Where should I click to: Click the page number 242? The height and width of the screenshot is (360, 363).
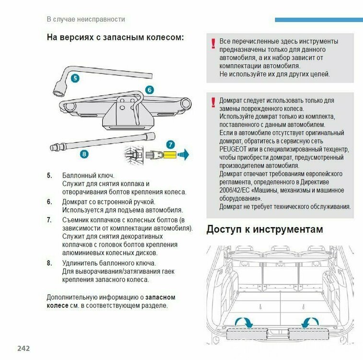(x=23, y=348)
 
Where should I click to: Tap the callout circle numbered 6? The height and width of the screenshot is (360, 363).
(x=149, y=90)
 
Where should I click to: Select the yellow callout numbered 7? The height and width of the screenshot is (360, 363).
(x=171, y=144)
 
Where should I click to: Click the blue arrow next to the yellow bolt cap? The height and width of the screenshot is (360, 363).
(x=183, y=155)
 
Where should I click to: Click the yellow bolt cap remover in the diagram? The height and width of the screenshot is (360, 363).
(x=169, y=155)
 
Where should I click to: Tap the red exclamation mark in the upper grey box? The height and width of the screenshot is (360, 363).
(x=213, y=44)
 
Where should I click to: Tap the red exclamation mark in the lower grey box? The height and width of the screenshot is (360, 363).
(x=213, y=102)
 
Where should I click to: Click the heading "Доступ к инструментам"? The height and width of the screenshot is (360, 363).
(x=264, y=229)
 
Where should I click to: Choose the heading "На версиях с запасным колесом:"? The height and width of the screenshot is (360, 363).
(x=115, y=37)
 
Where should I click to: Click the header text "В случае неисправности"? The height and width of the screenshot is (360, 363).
(x=85, y=19)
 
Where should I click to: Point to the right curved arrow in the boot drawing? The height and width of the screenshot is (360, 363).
(x=309, y=322)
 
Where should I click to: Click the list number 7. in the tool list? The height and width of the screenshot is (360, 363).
(x=49, y=220)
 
